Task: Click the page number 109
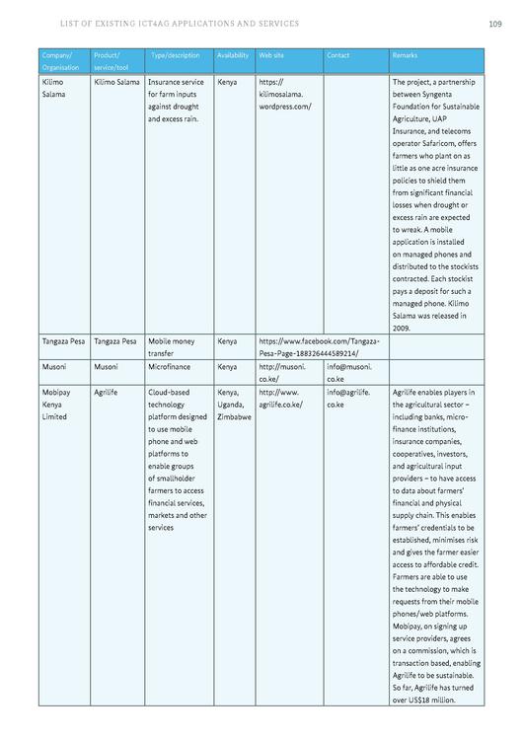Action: pyautogui.click(x=494, y=24)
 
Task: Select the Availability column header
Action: pyautogui.click(x=232, y=55)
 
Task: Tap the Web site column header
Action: pyautogui.click(x=271, y=55)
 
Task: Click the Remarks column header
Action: pyautogui.click(x=405, y=55)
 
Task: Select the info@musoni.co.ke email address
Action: pyautogui.click(x=348, y=372)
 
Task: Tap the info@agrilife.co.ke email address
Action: pyautogui.click(x=347, y=398)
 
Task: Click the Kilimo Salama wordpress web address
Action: pyautogui.click(x=284, y=94)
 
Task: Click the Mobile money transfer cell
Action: pyautogui.click(x=172, y=346)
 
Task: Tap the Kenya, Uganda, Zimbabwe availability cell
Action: pyautogui.click(x=233, y=404)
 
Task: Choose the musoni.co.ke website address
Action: pyautogui.click(x=280, y=372)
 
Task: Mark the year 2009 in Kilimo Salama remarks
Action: pyautogui.click(x=402, y=327)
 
